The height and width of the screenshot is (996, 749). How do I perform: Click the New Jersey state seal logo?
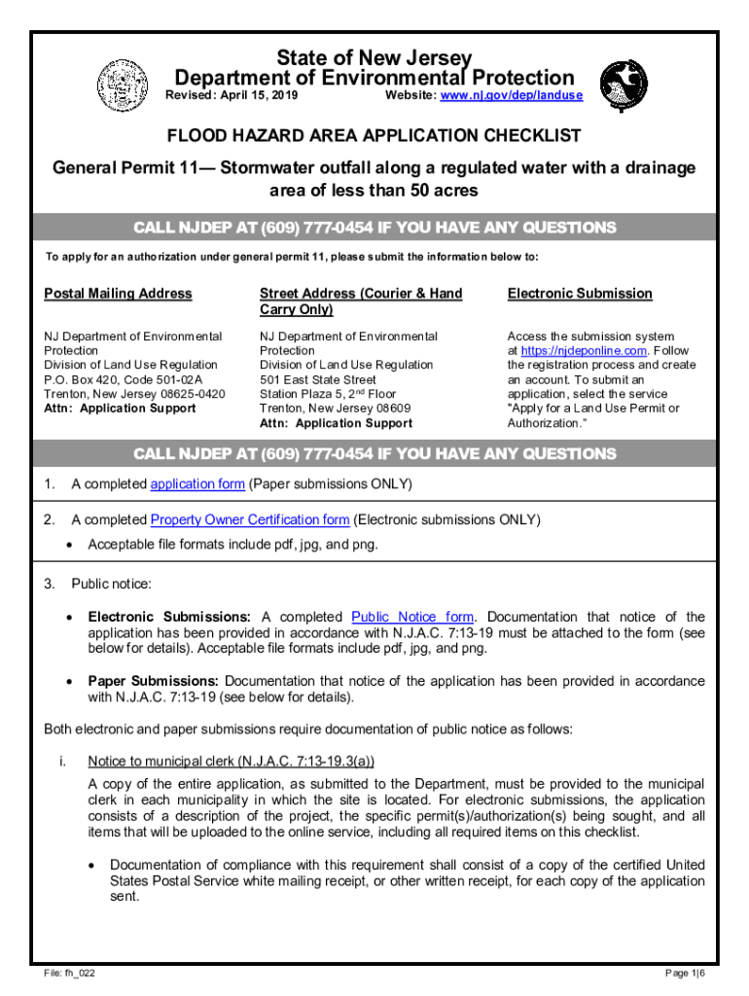(x=122, y=84)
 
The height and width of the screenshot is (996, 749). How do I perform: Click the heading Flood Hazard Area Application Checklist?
(x=374, y=135)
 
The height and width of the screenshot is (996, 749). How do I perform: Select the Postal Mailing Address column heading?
(x=119, y=294)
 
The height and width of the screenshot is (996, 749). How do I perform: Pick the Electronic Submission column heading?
(x=580, y=294)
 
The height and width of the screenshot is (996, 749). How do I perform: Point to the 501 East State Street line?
(x=318, y=379)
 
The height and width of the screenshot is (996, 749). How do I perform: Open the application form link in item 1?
(x=196, y=484)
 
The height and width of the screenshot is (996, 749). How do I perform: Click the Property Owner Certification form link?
(x=250, y=519)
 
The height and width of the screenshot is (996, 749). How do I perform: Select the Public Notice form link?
(x=412, y=617)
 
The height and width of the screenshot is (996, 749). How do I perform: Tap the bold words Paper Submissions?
(x=155, y=681)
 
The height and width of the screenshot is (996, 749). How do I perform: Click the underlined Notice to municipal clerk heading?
(x=231, y=761)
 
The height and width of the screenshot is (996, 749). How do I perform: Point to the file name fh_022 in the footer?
(x=69, y=973)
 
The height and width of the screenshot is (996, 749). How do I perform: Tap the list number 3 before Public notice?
(x=49, y=584)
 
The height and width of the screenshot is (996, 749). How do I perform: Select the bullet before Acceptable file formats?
(x=68, y=545)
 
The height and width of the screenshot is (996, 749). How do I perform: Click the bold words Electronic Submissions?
(x=169, y=617)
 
